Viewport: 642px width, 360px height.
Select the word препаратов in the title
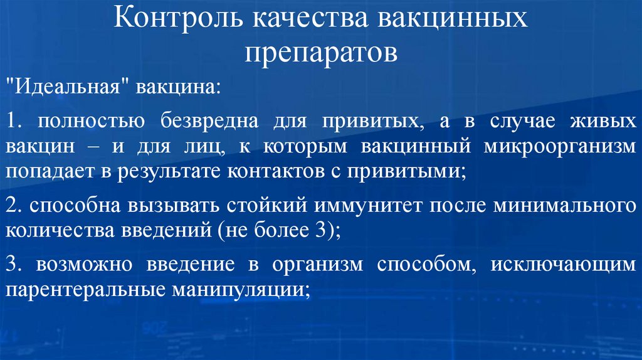(x=320, y=53)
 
